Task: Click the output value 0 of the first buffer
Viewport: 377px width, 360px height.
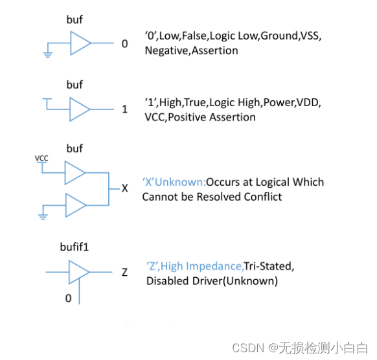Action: pos(124,44)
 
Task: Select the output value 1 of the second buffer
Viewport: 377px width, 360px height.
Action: pos(124,109)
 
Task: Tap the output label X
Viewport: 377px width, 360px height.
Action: pos(125,188)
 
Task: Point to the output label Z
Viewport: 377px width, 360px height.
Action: pos(124,272)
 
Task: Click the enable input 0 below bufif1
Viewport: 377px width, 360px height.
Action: pos(67,298)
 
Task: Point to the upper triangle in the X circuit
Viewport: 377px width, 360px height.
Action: pos(75,174)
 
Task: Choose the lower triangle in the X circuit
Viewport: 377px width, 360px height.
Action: pos(75,204)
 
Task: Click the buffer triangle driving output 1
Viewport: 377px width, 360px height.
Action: pos(80,108)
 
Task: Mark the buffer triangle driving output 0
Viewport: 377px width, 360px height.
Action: pos(81,44)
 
